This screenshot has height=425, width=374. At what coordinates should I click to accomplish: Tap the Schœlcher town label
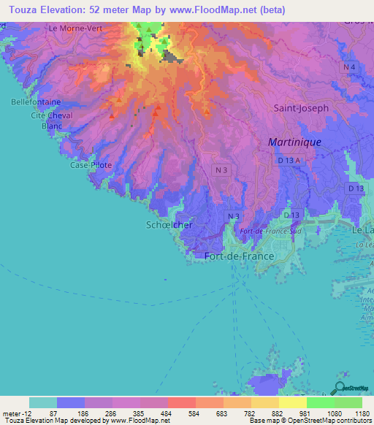click(169, 225)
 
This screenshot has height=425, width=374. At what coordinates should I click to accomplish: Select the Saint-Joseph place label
click(301, 107)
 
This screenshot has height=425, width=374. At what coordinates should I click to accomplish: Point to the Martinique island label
click(294, 142)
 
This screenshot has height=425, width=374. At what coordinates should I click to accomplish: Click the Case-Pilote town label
click(91, 165)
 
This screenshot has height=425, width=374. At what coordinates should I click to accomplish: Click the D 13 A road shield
click(289, 159)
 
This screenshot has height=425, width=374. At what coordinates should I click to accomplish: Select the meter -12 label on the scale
click(15, 413)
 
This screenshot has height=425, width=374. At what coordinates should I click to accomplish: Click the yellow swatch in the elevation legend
click(292, 402)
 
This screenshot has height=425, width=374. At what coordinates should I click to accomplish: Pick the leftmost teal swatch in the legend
click(42, 402)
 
